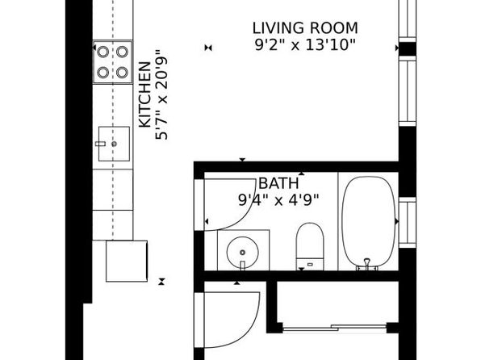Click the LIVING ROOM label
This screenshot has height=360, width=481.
point(305,28)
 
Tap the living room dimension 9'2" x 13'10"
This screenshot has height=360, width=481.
point(305,45)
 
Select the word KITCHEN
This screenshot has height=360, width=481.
point(144,94)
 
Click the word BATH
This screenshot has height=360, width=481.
point(278,183)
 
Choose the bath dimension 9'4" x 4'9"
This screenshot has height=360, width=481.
point(278,200)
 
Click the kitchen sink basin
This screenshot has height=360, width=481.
point(114,144)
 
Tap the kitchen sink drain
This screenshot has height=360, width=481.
point(114,144)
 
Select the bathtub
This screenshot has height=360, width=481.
point(368,222)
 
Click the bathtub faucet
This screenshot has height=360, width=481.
point(367,265)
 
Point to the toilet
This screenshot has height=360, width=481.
point(310,246)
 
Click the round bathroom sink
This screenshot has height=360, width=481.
point(242,253)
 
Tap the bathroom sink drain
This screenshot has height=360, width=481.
point(242,253)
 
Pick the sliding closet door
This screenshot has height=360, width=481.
point(334,328)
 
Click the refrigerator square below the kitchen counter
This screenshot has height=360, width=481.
point(127,261)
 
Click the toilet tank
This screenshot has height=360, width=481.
point(310,264)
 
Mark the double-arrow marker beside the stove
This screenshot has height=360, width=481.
point(208,48)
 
